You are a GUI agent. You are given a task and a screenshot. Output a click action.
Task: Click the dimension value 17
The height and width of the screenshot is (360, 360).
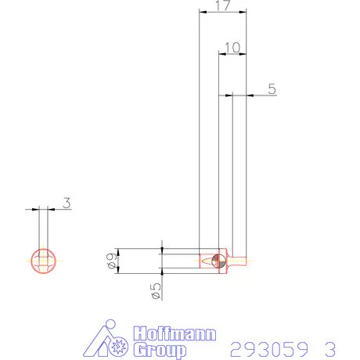221,6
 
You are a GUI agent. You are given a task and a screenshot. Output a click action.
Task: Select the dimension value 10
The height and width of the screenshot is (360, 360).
231,48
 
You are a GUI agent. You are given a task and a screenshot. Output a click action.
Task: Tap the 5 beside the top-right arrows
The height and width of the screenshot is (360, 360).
271,89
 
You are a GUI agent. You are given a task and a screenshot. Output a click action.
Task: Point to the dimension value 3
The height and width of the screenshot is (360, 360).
67,203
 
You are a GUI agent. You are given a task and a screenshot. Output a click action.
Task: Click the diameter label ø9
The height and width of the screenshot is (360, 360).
111,261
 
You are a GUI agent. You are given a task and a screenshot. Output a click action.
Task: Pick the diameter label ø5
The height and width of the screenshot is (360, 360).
156,290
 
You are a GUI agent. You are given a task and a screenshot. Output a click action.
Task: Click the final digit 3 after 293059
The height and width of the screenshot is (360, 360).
329,347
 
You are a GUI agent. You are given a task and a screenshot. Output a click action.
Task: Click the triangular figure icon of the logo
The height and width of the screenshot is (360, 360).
102,341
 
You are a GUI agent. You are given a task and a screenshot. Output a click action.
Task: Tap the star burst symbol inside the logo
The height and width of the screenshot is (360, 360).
118,345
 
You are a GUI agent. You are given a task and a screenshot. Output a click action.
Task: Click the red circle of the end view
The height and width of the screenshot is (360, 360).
42,261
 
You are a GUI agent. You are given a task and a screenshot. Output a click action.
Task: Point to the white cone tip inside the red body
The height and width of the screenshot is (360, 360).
207,260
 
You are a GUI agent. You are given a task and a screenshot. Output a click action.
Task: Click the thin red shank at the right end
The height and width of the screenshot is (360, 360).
239,261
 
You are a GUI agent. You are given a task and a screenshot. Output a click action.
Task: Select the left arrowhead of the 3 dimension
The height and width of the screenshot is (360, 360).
36,209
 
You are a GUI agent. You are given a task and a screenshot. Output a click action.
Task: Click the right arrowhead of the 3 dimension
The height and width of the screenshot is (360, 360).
51,209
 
